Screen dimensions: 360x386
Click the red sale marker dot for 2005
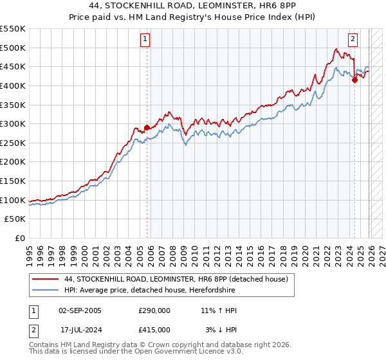click(147, 127)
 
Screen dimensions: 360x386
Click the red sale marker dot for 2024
click(354, 80)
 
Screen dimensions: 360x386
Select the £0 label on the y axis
click(19, 238)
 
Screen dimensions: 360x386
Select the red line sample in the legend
click(45, 279)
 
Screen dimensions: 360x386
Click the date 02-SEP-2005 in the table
click(80, 310)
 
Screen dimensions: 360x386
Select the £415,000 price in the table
click(154, 330)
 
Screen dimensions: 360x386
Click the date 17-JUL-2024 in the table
click(80, 330)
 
